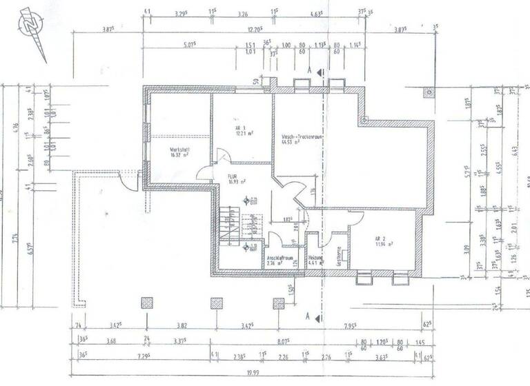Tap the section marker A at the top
click(x=310, y=70)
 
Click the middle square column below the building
click(x=217, y=303)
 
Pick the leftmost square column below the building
click(x=146, y=303)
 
